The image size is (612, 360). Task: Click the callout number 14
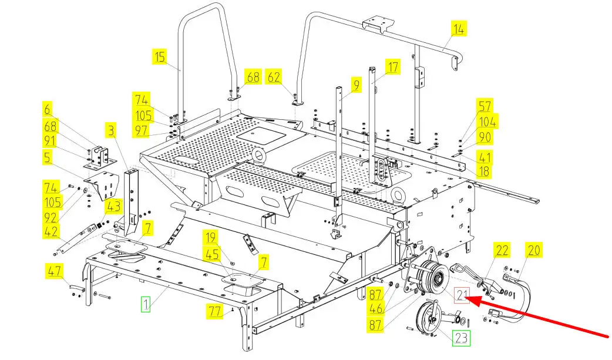(459, 29)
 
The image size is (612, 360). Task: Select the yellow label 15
(160, 56)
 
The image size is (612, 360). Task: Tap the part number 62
(274, 77)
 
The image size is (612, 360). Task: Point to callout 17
(393, 67)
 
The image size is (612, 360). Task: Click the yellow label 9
(357, 85)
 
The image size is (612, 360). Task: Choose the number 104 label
(487, 122)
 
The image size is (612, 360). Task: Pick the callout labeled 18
(484, 171)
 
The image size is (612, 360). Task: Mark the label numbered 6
(47, 109)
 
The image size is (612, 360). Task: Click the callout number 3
(112, 130)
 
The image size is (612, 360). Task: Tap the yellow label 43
(113, 206)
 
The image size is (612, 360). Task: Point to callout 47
(54, 271)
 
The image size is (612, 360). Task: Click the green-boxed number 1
(146, 304)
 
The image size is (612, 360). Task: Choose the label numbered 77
(215, 311)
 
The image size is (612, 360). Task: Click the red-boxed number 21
(462, 295)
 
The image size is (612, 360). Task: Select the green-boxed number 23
(461, 338)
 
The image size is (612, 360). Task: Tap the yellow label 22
(502, 250)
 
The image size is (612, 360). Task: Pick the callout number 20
(533, 250)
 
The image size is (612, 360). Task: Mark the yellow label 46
(375, 308)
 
